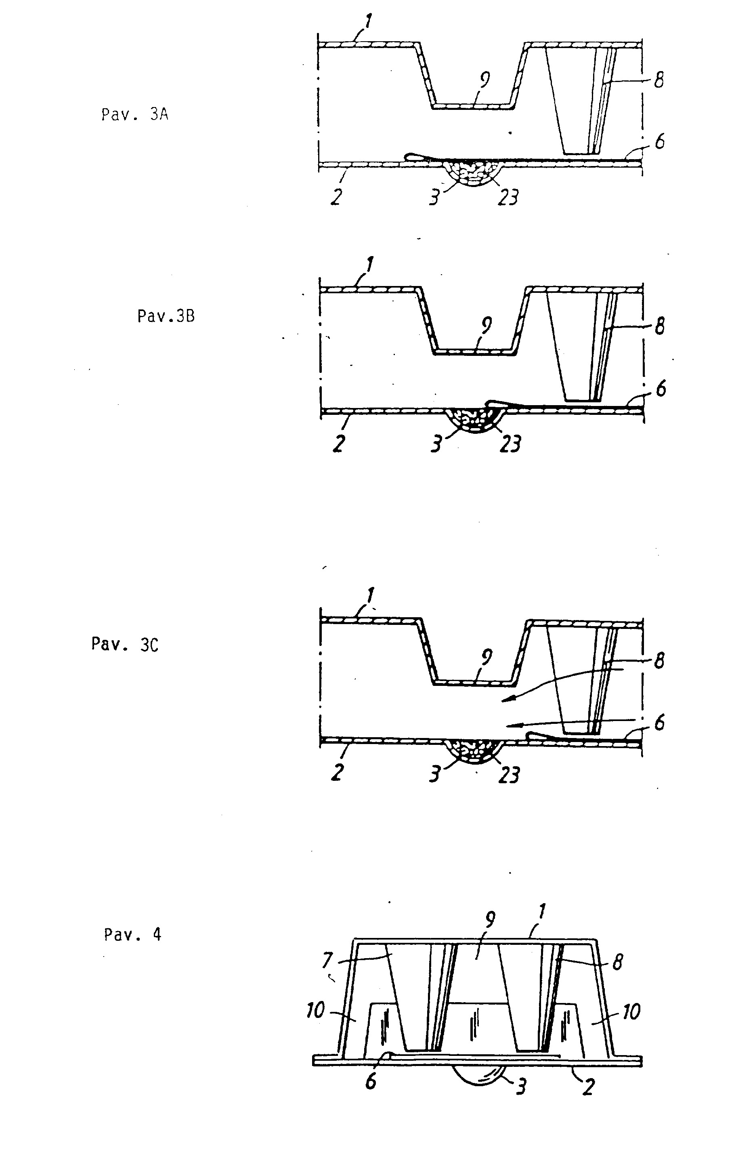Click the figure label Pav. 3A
point(135,115)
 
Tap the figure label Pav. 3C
point(125,644)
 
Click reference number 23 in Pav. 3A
point(508,197)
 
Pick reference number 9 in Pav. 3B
point(487,325)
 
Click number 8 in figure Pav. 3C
point(659,661)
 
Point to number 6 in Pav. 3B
point(660,388)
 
